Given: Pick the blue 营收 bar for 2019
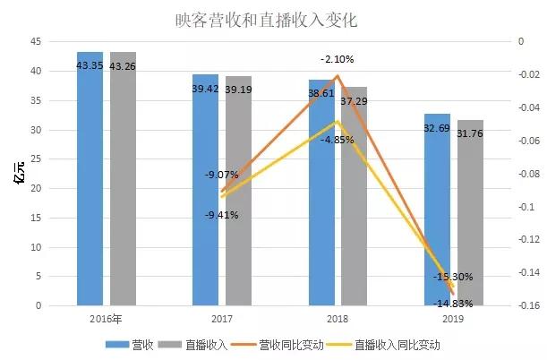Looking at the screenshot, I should click(437, 215).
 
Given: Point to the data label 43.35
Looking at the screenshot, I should click(90, 65).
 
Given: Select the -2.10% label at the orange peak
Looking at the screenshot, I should click(338, 59).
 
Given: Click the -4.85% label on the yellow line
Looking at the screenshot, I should click(338, 140).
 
